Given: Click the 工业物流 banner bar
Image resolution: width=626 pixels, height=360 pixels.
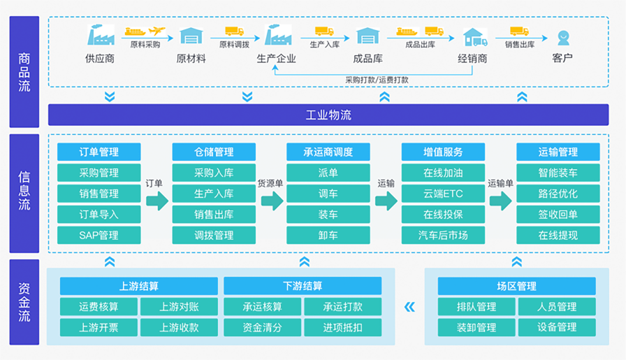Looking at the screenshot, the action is pyautogui.click(x=328, y=115).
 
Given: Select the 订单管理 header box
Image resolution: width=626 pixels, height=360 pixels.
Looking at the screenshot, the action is pyautogui.click(x=99, y=152).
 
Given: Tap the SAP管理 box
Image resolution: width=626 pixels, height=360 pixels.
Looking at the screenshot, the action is pyautogui.click(x=99, y=236).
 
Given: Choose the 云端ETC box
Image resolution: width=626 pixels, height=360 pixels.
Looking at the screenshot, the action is pyautogui.click(x=443, y=194).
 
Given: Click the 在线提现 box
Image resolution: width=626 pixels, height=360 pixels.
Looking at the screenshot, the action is pyautogui.click(x=558, y=236).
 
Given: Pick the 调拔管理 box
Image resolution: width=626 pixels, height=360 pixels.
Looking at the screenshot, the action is pyautogui.click(x=214, y=236).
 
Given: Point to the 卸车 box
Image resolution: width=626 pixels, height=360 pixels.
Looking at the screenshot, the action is pyautogui.click(x=328, y=236).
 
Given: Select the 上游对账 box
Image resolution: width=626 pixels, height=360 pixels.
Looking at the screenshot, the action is pyautogui.click(x=180, y=306).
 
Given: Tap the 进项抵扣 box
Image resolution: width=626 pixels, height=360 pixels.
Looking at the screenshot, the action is pyautogui.click(x=343, y=328).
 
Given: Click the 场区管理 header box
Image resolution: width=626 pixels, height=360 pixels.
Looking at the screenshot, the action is pyautogui.click(x=516, y=286).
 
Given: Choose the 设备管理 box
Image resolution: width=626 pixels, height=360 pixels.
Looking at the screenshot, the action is pyautogui.click(x=557, y=328).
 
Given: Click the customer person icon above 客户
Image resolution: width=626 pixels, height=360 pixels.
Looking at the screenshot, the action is pyautogui.click(x=563, y=38).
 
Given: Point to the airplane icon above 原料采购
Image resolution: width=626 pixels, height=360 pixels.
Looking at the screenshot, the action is pyautogui.click(x=157, y=30).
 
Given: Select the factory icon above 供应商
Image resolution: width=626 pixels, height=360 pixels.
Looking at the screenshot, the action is pyautogui.click(x=101, y=35).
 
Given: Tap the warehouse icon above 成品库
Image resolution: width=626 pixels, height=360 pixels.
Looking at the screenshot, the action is pyautogui.click(x=367, y=36).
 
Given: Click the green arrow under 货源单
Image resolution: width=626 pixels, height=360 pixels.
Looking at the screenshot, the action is pyautogui.click(x=272, y=201).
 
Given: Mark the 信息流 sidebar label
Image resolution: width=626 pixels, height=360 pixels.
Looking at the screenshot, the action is pyautogui.click(x=24, y=191).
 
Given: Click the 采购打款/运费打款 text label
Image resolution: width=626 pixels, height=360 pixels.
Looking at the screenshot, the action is pyautogui.click(x=377, y=80).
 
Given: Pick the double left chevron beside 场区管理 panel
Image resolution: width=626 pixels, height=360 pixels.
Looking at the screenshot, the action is pyautogui.click(x=409, y=307).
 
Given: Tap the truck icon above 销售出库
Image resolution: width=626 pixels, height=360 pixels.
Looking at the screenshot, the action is pyautogui.click(x=519, y=31).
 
